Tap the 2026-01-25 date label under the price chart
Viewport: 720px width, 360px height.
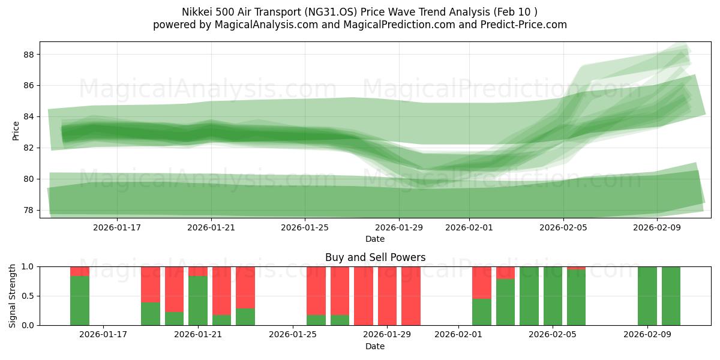tap(305, 227)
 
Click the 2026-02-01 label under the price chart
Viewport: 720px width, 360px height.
tap(469, 227)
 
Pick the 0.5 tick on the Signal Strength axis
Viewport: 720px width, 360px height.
tap(28, 296)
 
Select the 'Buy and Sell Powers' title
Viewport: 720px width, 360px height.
tap(375, 257)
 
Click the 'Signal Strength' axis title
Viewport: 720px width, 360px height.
tap(13, 296)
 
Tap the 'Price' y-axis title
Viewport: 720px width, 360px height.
tap(16, 131)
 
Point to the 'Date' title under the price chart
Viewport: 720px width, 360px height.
tap(375, 239)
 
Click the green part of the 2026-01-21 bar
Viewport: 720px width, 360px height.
tap(198, 300)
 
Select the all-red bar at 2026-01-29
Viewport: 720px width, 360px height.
tap(387, 296)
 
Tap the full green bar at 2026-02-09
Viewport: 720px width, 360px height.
tap(647, 296)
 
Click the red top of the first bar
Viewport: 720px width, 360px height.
tap(80, 271)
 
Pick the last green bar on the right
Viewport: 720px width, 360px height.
tap(671, 296)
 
